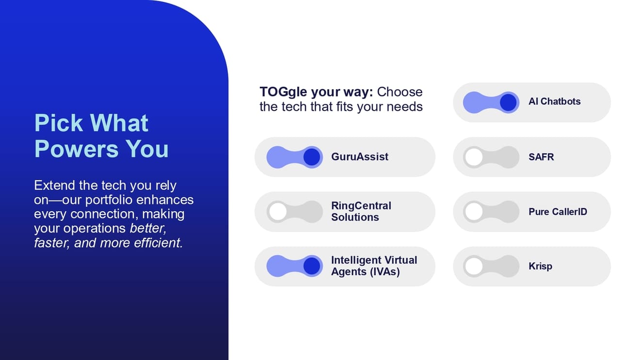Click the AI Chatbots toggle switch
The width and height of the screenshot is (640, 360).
coord(491,103)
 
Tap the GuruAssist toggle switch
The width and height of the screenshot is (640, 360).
coord(295,157)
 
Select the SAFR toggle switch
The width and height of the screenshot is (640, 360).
coord(491,157)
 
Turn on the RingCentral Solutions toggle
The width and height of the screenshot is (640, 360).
coord(295,212)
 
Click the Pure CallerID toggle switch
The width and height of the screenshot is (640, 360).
coord(491,212)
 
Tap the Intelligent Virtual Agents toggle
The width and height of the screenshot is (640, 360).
coord(295,266)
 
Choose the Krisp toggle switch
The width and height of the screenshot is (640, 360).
coord(491,266)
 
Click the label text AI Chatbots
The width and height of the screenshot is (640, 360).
coord(555,101)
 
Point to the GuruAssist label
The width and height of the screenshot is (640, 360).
coord(360,157)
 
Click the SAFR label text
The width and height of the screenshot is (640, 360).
coord(541,157)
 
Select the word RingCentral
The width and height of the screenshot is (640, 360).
coord(361,206)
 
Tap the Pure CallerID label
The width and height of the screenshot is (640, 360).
coord(558,212)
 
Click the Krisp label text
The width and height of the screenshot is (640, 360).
coord(540,266)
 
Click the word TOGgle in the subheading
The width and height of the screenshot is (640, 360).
coord(284,93)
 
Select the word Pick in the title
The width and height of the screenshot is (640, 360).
coord(59,123)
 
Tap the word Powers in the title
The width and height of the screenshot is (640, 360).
coord(76,149)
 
